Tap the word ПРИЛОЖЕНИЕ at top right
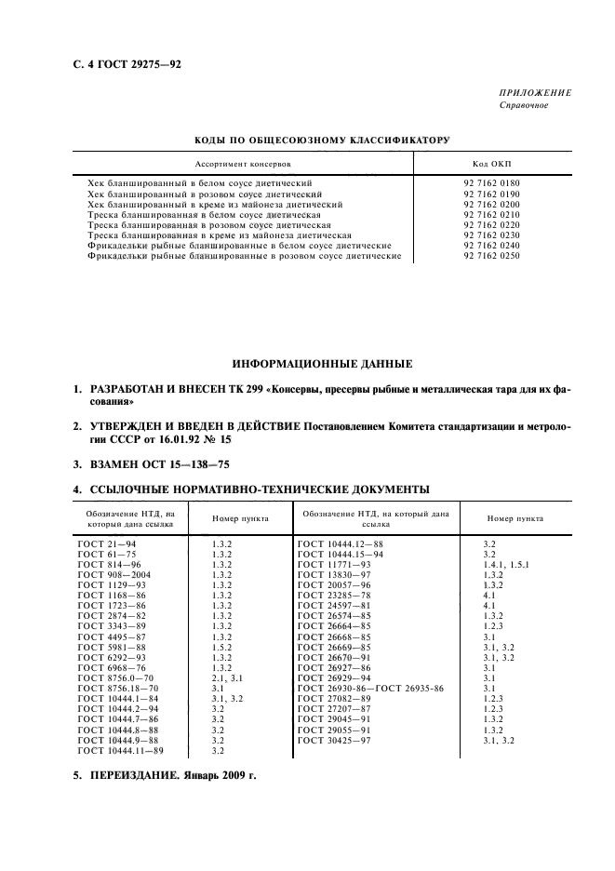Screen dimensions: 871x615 coord(537,93)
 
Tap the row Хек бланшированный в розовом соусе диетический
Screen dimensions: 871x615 coord(204,194)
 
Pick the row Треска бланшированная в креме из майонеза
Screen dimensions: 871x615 coord(219,235)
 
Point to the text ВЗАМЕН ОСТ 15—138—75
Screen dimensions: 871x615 coord(154,462)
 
